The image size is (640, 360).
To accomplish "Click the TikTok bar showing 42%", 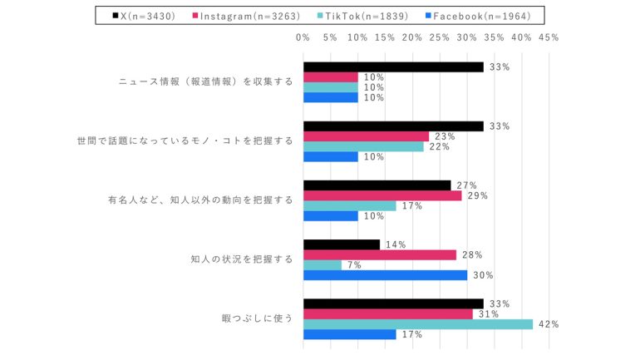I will tap(417, 324).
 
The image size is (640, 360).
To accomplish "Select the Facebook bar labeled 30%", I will tap(385, 275).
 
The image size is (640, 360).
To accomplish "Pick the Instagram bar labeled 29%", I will tap(382, 196).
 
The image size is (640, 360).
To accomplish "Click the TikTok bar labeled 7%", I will tap(322, 265).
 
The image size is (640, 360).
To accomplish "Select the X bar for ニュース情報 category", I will tap(393, 67).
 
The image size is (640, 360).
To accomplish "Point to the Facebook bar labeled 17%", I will tap(349, 334).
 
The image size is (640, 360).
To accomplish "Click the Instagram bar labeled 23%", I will tap(366, 136).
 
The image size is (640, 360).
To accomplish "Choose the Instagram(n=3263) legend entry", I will tap(242, 15).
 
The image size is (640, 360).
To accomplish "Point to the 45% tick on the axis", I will tap(549, 37).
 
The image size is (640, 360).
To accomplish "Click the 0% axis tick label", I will tap(303, 37).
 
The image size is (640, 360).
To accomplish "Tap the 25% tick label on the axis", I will tap(440, 37).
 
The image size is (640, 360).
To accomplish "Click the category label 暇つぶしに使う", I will tap(257, 318).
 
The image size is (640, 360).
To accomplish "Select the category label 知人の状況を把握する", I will tap(242, 259).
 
